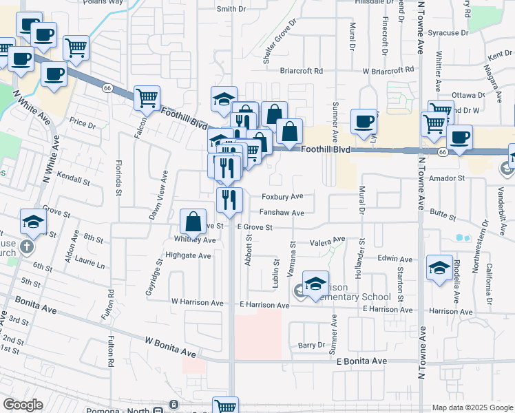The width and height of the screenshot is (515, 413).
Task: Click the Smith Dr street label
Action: [231, 9]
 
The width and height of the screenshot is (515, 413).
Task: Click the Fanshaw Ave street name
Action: [282, 213]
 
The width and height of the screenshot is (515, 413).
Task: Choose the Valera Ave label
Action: [327, 241]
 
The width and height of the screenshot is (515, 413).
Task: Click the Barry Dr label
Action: [311, 345]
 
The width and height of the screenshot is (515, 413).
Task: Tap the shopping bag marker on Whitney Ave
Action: [194, 222]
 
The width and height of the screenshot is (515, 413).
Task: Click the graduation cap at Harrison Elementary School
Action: [315, 283]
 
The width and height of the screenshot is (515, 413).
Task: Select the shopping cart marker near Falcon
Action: [147, 98]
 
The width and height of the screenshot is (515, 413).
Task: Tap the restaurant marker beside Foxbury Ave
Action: [229, 199]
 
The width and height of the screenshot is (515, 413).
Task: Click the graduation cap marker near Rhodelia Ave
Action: [439, 268]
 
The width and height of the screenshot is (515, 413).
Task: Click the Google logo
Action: [23, 405]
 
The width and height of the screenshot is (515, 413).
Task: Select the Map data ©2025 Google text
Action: [472, 407]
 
